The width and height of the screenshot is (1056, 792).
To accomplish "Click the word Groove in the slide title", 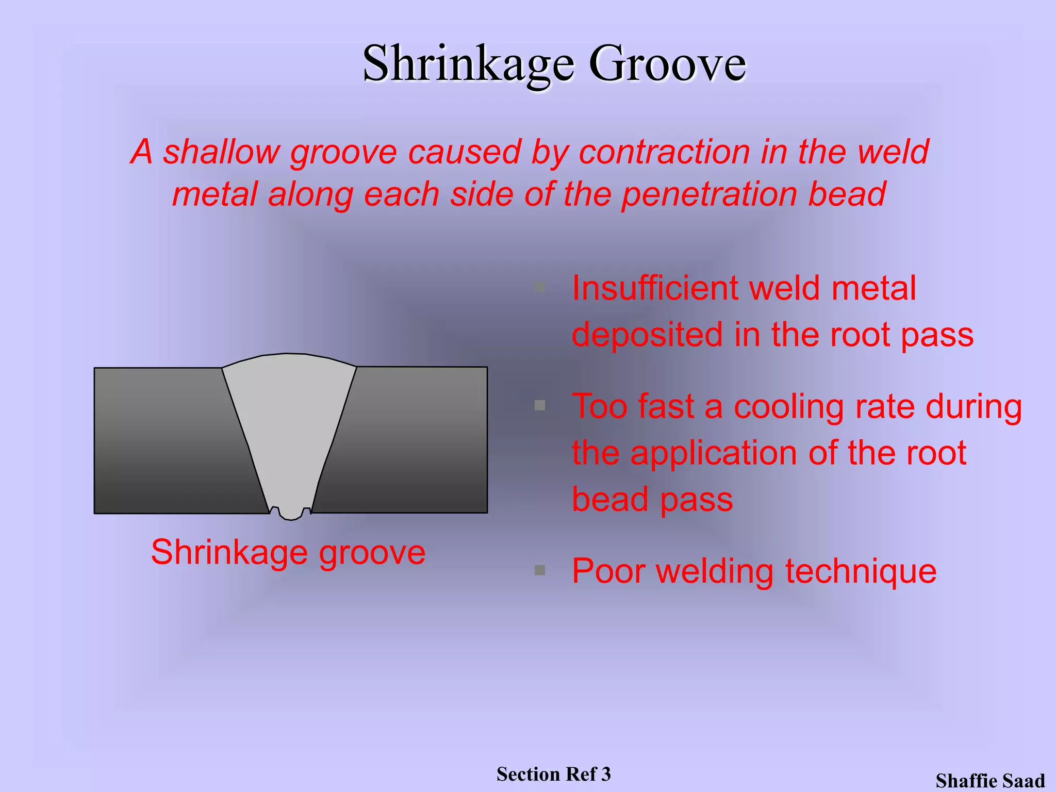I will [667, 64].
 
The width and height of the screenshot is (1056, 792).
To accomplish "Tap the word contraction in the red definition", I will [664, 153].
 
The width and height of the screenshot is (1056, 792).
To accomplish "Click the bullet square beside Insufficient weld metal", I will [540, 287].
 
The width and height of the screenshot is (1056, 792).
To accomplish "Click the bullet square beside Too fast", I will [540, 405].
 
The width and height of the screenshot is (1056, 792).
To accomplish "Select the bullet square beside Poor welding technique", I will [540, 570].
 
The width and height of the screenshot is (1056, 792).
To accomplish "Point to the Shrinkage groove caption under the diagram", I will [288, 553].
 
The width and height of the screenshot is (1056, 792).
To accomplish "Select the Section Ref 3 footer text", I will [553, 774].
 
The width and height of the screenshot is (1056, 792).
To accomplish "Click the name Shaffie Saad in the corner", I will [990, 781].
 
